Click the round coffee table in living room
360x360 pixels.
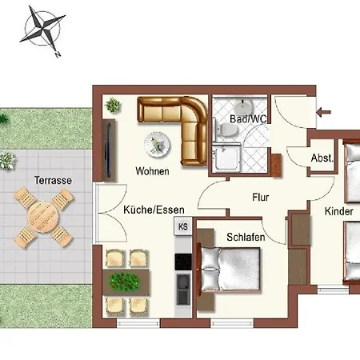156,144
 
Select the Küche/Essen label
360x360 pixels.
154,210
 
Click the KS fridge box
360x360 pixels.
183,227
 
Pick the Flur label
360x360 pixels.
260,195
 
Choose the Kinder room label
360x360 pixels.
339,212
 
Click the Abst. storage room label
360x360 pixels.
322,158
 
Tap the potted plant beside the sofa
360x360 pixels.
114,105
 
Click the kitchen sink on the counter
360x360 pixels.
183,283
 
